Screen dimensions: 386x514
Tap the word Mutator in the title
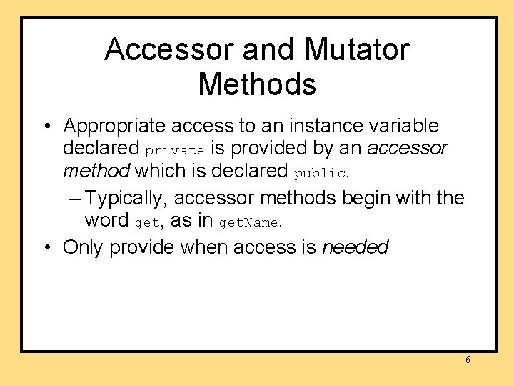click(357, 50)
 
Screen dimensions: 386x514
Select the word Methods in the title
click(257, 84)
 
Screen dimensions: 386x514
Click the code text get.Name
click(249, 223)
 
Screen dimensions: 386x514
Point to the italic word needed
click(355, 247)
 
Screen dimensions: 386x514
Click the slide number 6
click(468, 360)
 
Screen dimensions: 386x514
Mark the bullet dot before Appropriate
click(46, 127)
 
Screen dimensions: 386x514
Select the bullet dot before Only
click(46, 248)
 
